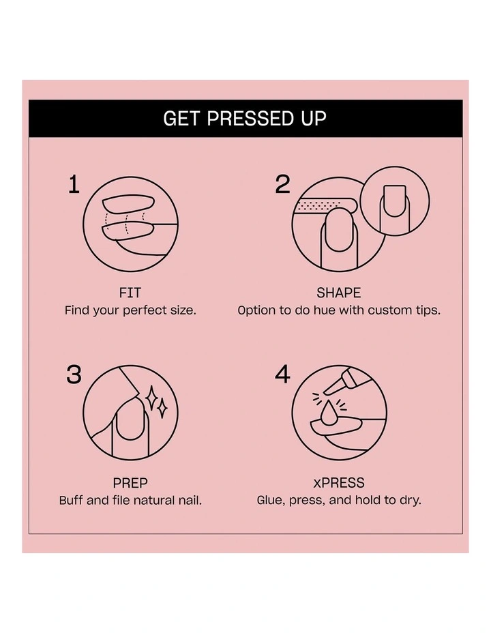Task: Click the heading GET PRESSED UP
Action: coord(245,119)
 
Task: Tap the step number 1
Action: coord(74,185)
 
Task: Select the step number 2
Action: coord(282,184)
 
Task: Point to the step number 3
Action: coord(74,374)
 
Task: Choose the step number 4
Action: coord(282,374)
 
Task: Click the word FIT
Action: coord(130,293)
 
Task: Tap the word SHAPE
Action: coord(339,293)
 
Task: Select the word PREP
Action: coord(130,483)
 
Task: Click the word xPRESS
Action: coord(339,483)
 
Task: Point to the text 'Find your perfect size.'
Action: coord(130,310)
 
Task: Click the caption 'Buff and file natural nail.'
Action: coord(130,500)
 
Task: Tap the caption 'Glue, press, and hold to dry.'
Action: coord(339,500)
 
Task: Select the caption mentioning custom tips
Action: coord(339,310)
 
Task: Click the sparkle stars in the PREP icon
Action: coord(158,402)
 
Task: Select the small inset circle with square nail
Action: coord(395,202)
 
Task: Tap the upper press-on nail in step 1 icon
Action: coord(126,205)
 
